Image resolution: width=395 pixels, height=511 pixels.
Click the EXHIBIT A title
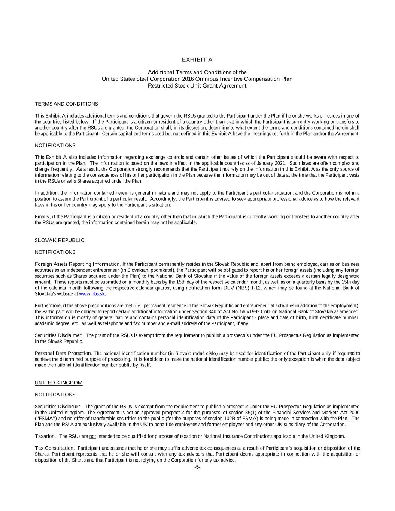click(x=197, y=60)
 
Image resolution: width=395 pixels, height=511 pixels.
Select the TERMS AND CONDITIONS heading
click(x=66, y=104)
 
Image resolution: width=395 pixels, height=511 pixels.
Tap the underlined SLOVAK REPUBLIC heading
click(x=60, y=240)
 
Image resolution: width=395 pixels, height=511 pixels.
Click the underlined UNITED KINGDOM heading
click(x=58, y=383)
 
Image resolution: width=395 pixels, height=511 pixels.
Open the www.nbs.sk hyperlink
click(x=92, y=294)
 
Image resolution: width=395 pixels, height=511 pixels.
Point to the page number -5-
click(x=197, y=467)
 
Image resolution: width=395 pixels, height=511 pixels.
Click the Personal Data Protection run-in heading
click(x=63, y=353)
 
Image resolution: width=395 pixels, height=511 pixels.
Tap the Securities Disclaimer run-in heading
click(x=58, y=335)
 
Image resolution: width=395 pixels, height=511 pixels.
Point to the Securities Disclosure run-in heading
click(x=58, y=407)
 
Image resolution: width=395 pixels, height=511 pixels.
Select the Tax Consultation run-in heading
click(x=54, y=448)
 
